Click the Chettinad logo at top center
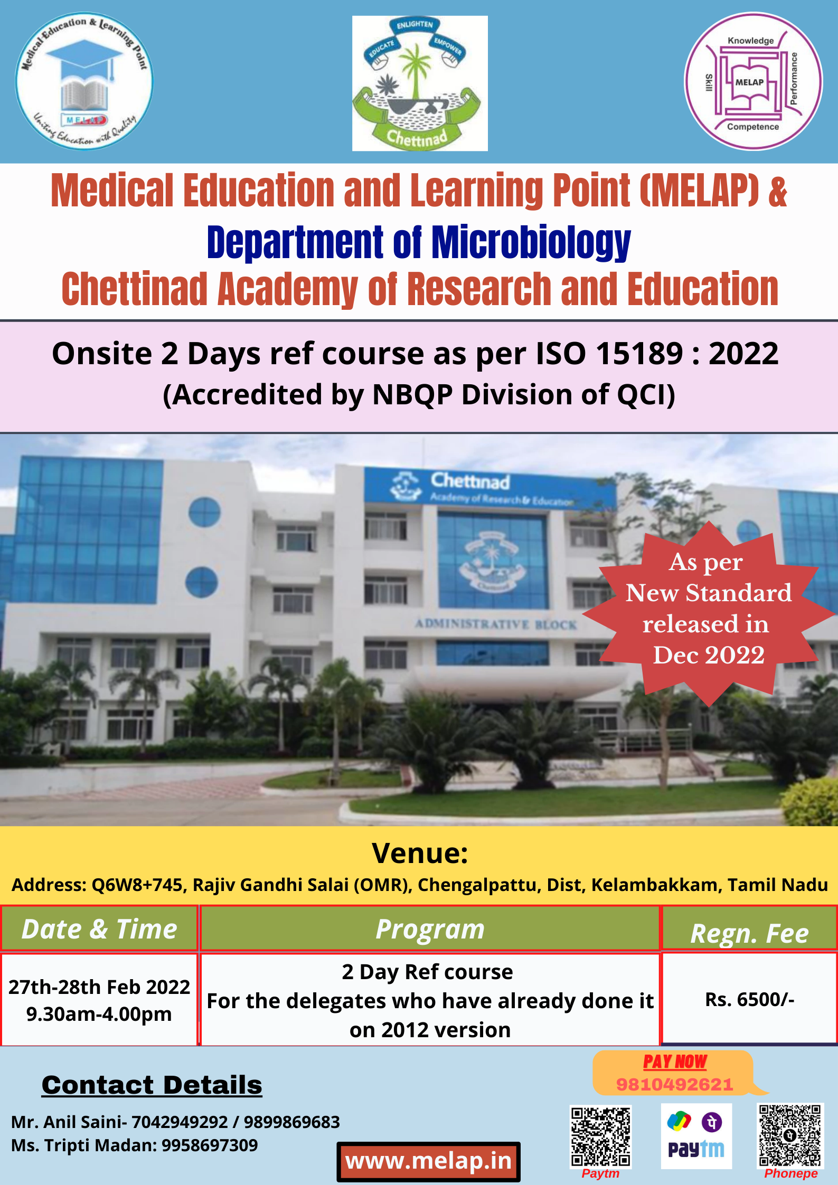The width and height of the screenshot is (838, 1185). pyautogui.click(x=420, y=83)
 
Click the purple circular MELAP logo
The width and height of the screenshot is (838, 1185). pyautogui.click(x=753, y=81)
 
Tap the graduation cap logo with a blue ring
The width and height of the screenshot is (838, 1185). pyautogui.click(x=84, y=81)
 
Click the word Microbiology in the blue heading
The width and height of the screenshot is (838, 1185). pyautogui.click(x=531, y=242)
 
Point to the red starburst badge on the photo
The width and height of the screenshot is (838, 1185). pyautogui.click(x=709, y=613)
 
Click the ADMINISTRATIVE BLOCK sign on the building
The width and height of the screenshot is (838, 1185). pyautogui.click(x=495, y=624)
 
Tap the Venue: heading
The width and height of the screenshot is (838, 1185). pyautogui.click(x=420, y=853)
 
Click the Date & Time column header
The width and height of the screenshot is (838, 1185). pyautogui.click(x=99, y=929)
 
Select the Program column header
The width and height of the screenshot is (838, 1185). pyautogui.click(x=430, y=929)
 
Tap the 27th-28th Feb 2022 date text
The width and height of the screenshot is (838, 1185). pyautogui.click(x=99, y=987)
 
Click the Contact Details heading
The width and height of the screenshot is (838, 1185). pyautogui.click(x=152, y=1085)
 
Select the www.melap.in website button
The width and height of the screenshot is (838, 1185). pyautogui.click(x=428, y=1161)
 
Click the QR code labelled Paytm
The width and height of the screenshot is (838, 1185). pyautogui.click(x=600, y=1136)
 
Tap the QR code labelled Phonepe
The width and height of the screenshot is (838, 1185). pyautogui.click(x=790, y=1134)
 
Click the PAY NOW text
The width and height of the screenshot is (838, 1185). pyautogui.click(x=675, y=1061)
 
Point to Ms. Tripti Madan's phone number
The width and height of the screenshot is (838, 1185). pyautogui.click(x=210, y=1145)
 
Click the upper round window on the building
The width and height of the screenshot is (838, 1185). pyautogui.click(x=204, y=511)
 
